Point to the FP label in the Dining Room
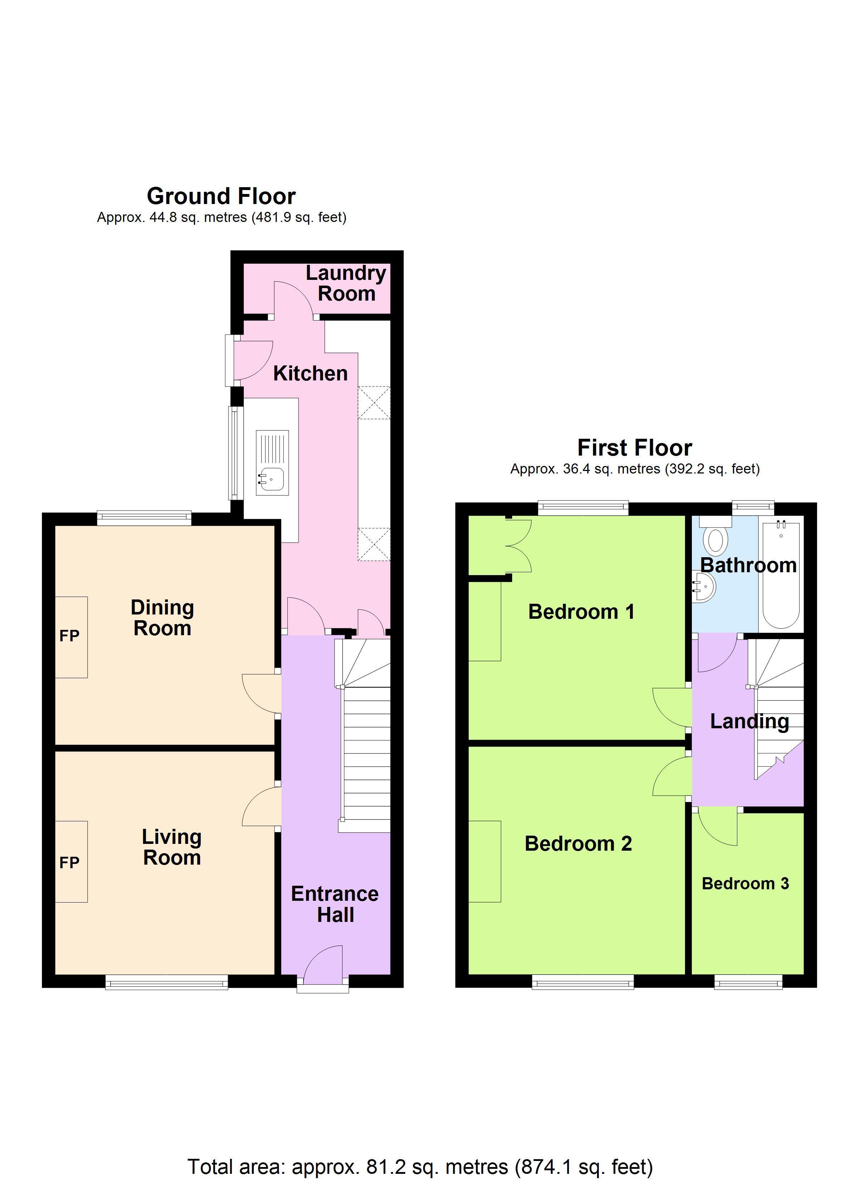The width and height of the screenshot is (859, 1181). (x=69, y=636)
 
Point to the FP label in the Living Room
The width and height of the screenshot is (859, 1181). (x=69, y=863)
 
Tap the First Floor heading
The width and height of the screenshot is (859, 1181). (x=635, y=448)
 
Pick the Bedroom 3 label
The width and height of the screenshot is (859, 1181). (x=745, y=884)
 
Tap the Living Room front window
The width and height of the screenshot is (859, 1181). (x=167, y=983)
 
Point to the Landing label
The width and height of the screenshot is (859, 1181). (x=749, y=722)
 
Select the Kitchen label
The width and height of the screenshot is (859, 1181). (x=310, y=374)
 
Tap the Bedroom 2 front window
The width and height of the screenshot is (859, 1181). (x=582, y=983)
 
